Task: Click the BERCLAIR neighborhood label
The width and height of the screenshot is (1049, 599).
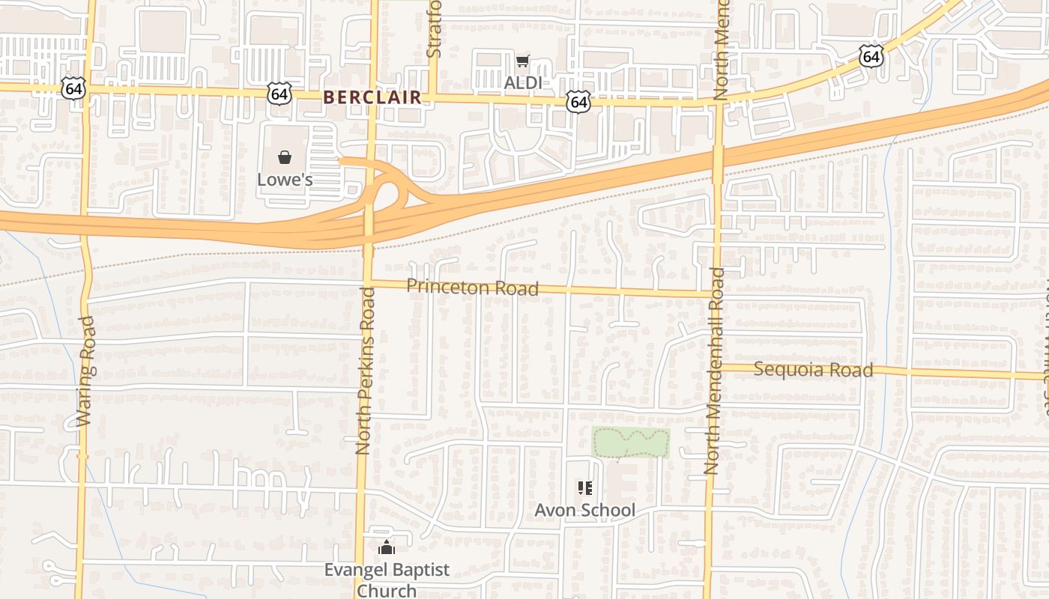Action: [x=372, y=97]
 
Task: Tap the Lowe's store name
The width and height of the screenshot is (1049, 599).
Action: [x=285, y=180]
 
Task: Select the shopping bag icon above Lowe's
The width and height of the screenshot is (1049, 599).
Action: [x=285, y=157]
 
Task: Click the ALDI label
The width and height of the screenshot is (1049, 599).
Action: [x=522, y=82]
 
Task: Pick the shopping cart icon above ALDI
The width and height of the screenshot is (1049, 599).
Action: [x=522, y=61]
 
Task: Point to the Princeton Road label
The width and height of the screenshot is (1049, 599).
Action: [x=472, y=287]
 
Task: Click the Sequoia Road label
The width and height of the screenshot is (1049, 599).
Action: [x=813, y=369]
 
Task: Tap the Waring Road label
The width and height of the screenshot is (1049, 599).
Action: [x=86, y=371]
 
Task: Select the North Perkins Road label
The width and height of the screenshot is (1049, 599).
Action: [x=365, y=371]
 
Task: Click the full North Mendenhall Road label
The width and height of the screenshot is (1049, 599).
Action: [x=714, y=371]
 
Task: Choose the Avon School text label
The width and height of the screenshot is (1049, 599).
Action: [x=584, y=511]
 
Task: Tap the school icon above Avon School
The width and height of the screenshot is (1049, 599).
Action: [x=585, y=489]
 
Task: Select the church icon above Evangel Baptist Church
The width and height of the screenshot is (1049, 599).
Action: [x=387, y=548]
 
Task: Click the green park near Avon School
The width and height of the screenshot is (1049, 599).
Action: [x=629, y=442]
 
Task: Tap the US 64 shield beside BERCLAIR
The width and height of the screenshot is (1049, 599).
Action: [x=279, y=94]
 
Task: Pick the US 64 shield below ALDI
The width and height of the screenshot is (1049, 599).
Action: [x=577, y=103]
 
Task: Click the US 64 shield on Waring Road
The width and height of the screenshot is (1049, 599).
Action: [x=74, y=88]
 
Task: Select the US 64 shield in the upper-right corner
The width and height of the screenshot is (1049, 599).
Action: [x=871, y=56]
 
